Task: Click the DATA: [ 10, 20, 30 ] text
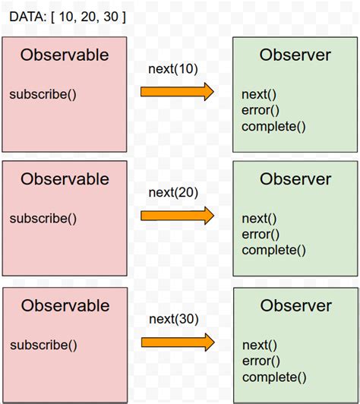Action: [x=68, y=16]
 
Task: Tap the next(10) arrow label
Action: [x=173, y=69]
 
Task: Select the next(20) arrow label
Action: [x=173, y=192]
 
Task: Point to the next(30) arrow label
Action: [x=173, y=318]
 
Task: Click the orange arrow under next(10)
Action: [x=177, y=92]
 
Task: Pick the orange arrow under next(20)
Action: [x=177, y=216]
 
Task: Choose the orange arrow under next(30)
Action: [x=177, y=342]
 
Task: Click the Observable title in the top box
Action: [x=65, y=55]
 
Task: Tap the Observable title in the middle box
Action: [x=65, y=179]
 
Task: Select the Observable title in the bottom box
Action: [x=65, y=305]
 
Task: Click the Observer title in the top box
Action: [x=295, y=55]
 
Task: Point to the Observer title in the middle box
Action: [x=295, y=179]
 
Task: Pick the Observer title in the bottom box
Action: [x=295, y=305]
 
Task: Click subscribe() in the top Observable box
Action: [x=43, y=94]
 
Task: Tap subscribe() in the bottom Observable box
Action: [x=43, y=345]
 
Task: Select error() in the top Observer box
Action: [x=261, y=110]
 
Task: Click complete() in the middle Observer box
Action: [x=273, y=250]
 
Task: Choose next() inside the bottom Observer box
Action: [x=259, y=346]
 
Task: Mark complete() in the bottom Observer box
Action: [x=273, y=377]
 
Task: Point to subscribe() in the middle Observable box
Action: [x=43, y=219]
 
